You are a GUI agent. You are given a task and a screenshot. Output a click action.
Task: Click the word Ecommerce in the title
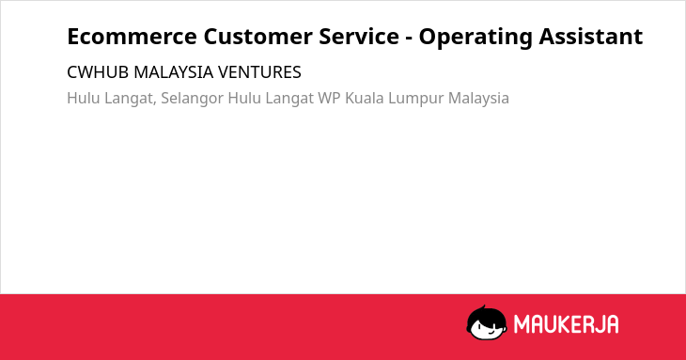pos(133,37)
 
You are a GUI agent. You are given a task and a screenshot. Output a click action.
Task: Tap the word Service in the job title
pos(359,37)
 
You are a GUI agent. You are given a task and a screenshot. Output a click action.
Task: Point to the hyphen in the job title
pos(409,39)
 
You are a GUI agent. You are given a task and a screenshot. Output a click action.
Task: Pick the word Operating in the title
pos(476,38)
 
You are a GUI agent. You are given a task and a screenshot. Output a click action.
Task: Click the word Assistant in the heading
pos(591,37)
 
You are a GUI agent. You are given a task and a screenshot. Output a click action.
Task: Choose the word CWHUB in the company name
pos(98,72)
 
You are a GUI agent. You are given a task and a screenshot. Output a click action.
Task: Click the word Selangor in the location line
pos(192,99)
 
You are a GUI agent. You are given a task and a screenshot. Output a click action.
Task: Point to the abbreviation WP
pos(329,98)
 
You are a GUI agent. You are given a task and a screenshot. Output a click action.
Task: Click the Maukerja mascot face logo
pos(487,322)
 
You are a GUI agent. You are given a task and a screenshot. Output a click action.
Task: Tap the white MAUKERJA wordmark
pos(566,324)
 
